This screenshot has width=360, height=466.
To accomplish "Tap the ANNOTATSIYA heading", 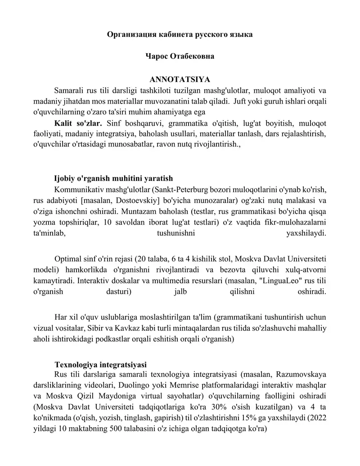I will tap(180, 80).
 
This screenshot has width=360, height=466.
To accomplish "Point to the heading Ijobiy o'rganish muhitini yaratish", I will tap(113, 178).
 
